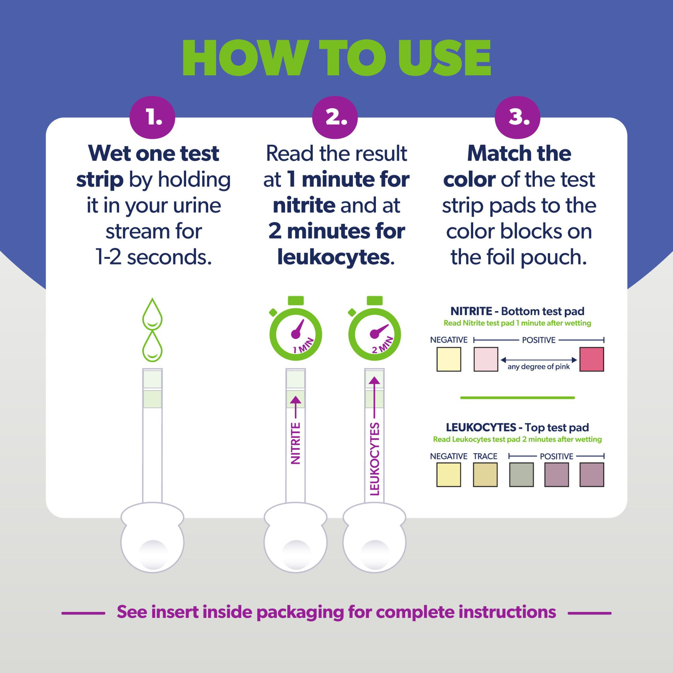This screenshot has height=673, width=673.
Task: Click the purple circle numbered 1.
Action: tap(152, 117)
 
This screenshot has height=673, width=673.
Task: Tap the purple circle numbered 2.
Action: tap(335, 117)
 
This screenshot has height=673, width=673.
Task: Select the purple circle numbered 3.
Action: tap(517, 117)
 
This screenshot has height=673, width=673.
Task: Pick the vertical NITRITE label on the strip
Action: tap(295, 443)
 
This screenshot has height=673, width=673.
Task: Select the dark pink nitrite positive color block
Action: tap(592, 359)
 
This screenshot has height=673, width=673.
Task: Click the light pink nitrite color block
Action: tap(486, 359)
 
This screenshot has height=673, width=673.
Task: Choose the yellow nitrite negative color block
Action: tap(449, 359)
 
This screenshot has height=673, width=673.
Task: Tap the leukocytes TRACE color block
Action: tap(485, 475)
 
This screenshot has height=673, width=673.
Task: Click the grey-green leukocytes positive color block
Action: tap(521, 475)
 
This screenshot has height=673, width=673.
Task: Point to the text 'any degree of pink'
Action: tap(538, 367)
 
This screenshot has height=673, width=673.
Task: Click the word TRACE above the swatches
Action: tap(485, 456)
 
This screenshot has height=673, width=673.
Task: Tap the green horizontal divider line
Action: tap(517, 397)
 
